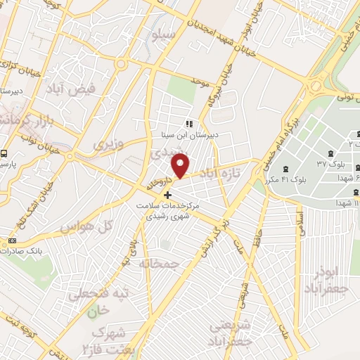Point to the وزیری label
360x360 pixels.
[x=108, y=143]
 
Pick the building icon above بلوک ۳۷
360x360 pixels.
[x=330, y=153]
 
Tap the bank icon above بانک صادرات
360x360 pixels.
[x=12, y=241]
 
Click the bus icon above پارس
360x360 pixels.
[x=5, y=153]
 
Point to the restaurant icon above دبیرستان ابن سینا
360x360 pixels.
[x=188, y=124]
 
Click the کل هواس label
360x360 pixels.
[x=77, y=228]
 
